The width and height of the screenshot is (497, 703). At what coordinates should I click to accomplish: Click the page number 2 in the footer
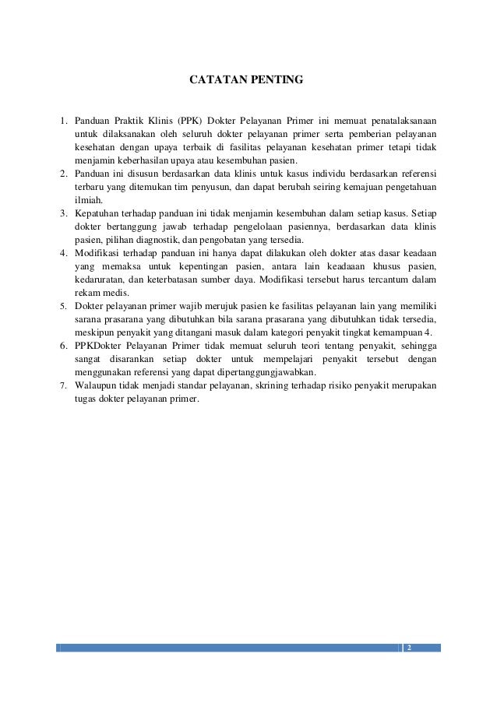410,648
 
